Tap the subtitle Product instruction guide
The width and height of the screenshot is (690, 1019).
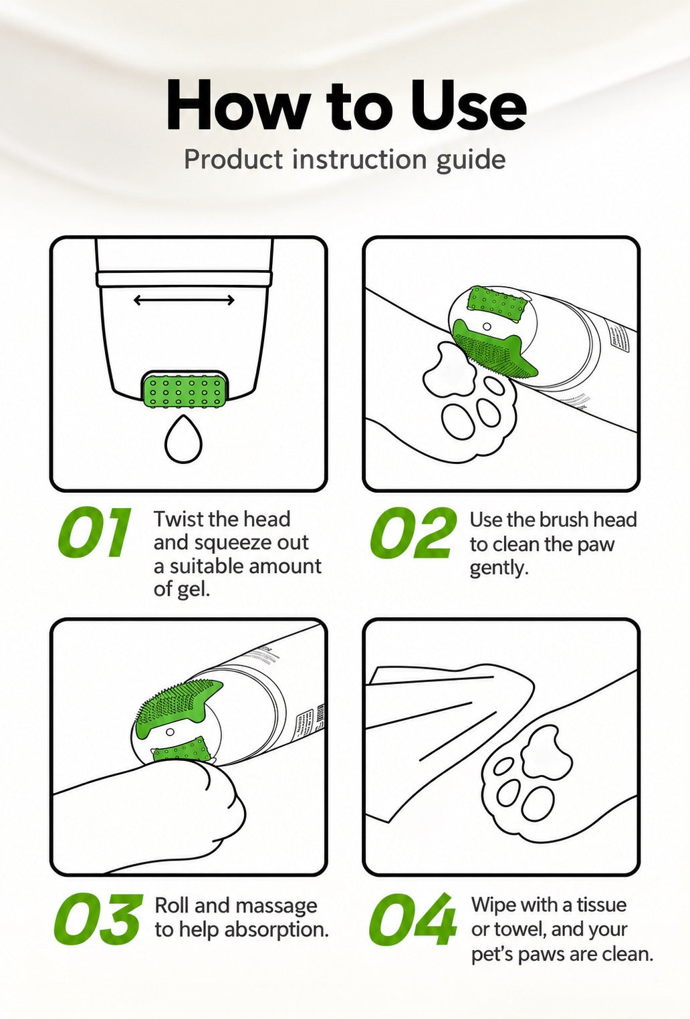(345, 160)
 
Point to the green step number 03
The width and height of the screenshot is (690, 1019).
(98, 919)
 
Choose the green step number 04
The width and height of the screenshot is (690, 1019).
(412, 919)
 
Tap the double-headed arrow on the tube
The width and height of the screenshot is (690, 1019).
(184, 300)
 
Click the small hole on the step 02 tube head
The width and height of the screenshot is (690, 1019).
(487, 326)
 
